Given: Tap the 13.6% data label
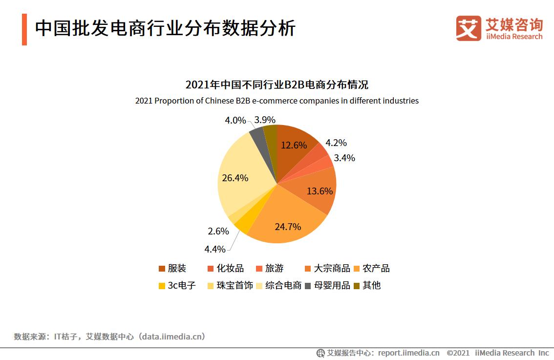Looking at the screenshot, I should [320, 191].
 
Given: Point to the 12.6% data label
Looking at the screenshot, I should [294, 145].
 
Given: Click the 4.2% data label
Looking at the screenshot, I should [336, 143].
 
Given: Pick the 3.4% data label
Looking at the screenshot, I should [344, 158].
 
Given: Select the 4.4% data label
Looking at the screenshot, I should [214, 249].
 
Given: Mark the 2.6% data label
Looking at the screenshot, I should [218, 232].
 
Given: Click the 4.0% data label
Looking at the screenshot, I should [235, 120].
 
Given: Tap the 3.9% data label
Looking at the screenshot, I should [265, 120].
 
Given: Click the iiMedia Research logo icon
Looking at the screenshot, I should [469, 28].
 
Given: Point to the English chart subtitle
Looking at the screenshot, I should [277, 101].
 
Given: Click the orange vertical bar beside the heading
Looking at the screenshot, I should [24, 29].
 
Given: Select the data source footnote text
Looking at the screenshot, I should [109, 337].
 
